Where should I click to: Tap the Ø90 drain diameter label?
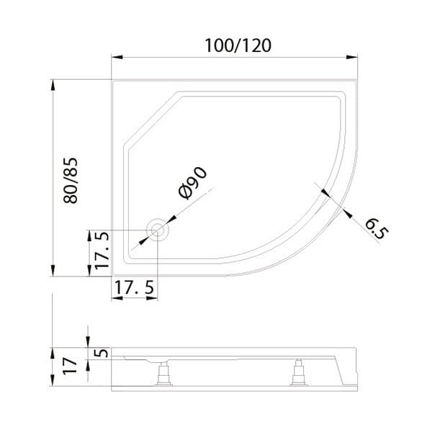[192, 182]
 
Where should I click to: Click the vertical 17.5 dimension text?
[101, 251]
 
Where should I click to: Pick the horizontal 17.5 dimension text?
[135, 287]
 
